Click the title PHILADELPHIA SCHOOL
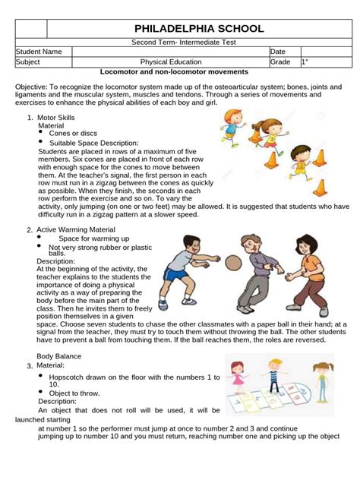click(200, 29)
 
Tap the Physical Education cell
click(171, 62)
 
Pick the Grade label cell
click(281, 62)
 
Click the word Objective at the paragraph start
click(33, 88)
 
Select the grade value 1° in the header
click(305, 62)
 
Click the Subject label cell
click(31, 62)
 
